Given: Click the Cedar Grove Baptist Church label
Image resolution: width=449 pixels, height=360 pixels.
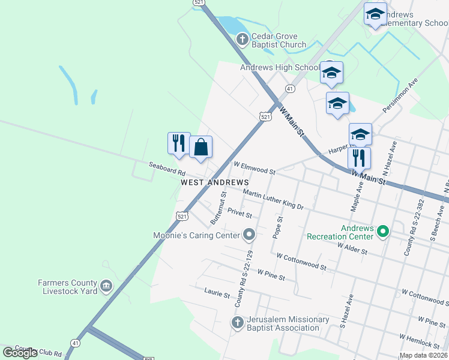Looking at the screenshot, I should pyautogui.click(x=279, y=40).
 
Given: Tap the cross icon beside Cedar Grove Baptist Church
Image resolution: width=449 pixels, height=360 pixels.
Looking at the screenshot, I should pyautogui.click(x=242, y=40).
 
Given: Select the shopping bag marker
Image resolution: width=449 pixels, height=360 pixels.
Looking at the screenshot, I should pyautogui.click(x=200, y=147).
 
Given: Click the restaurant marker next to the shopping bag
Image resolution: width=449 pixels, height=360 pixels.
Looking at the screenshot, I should pyautogui.click(x=178, y=143).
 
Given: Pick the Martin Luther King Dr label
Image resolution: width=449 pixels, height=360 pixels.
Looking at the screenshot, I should pyautogui.click(x=273, y=199).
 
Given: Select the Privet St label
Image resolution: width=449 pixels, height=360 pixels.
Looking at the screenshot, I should pyautogui.click(x=240, y=213).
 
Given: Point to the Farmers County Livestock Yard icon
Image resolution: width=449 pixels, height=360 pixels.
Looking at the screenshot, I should pyautogui.click(x=106, y=286).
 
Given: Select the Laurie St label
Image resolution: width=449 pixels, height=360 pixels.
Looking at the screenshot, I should pyautogui.click(x=217, y=295).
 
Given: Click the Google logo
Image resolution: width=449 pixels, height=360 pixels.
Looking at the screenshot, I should pyautogui.click(x=20, y=353).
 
